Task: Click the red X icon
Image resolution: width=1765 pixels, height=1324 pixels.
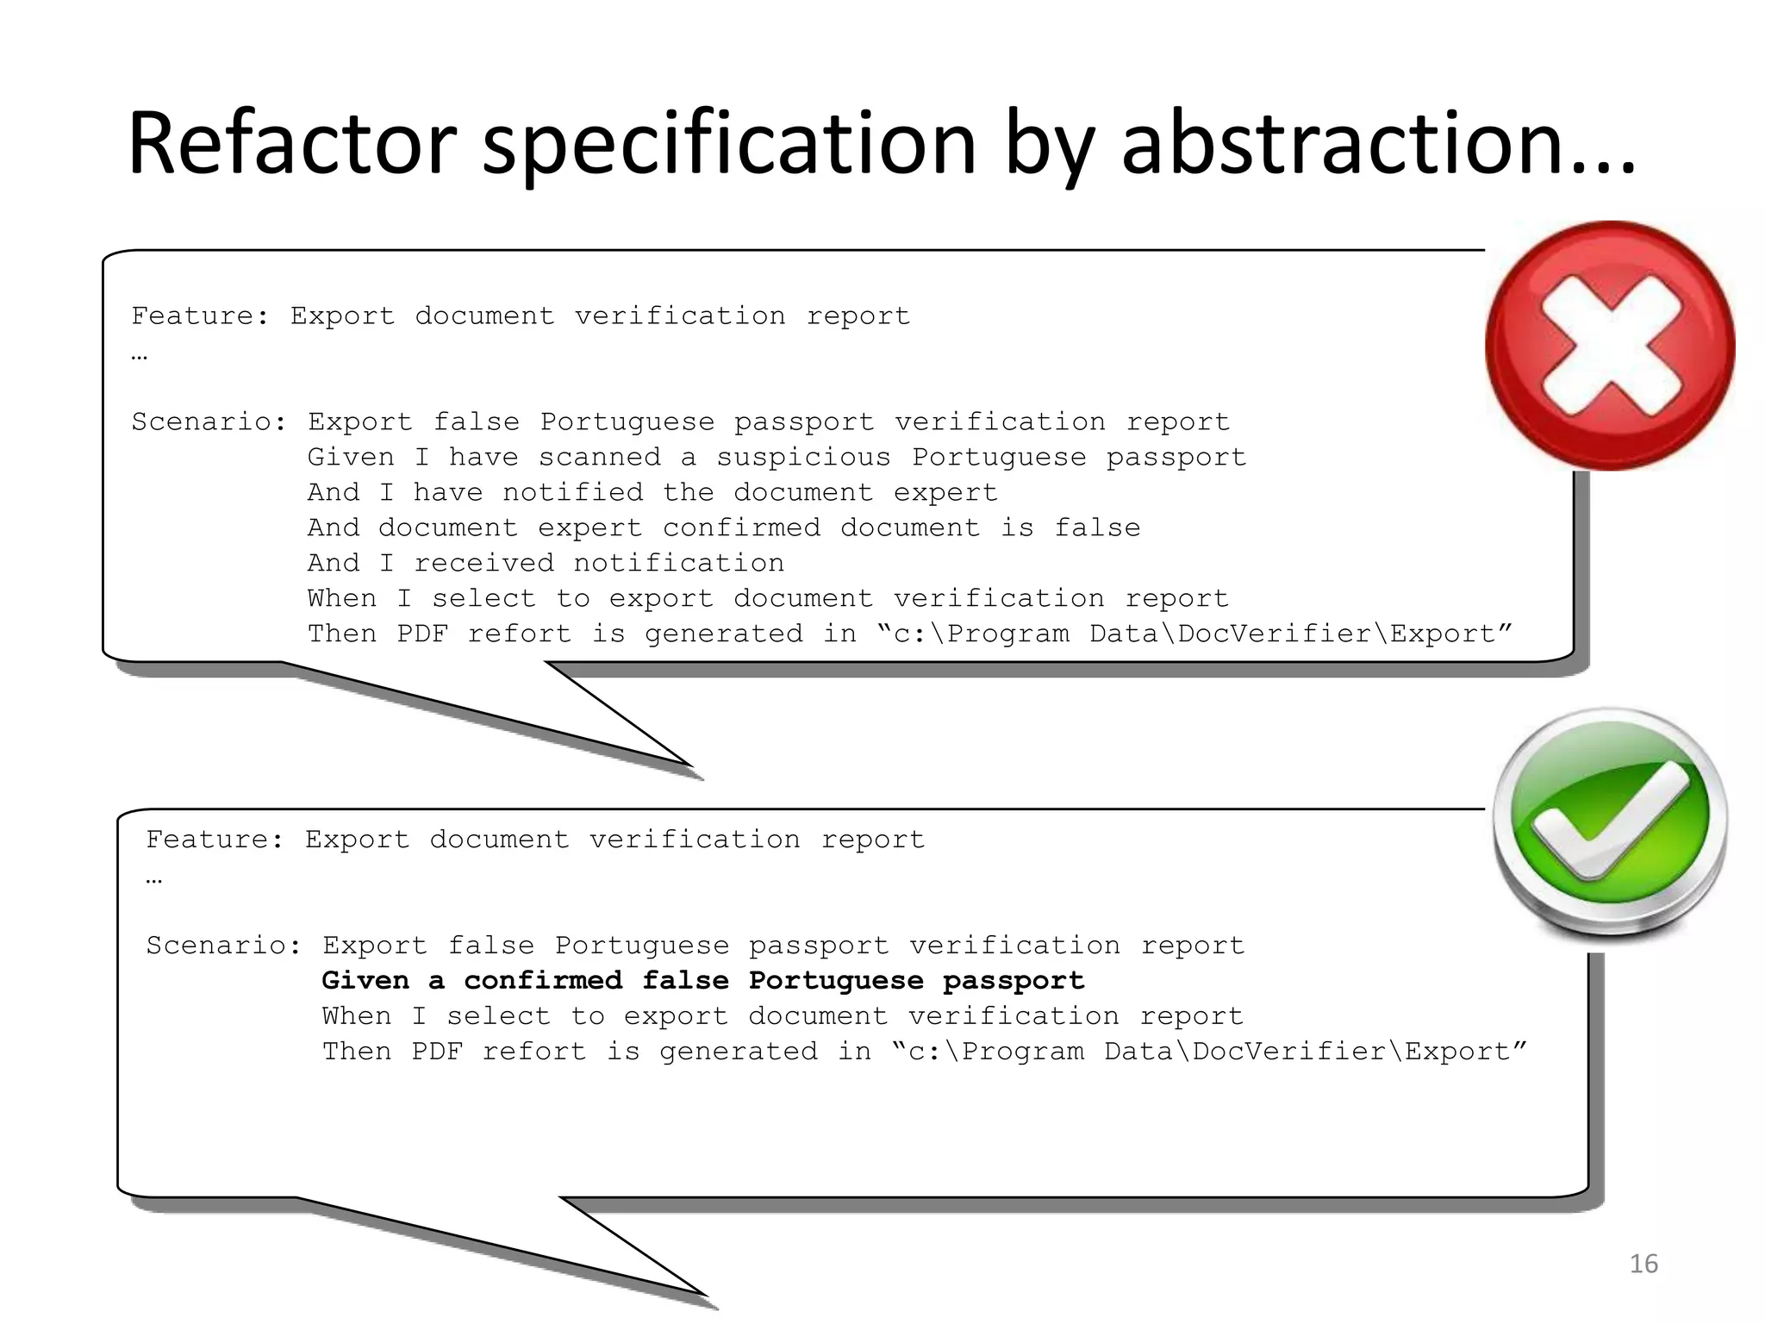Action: [x=1610, y=346]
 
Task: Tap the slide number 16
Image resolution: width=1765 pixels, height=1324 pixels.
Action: [x=1643, y=1264]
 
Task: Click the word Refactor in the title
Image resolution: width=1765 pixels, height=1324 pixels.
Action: [x=291, y=143]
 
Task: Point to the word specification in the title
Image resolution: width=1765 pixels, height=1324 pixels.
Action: [x=729, y=143]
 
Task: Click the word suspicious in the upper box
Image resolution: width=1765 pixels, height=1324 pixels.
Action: [x=803, y=457]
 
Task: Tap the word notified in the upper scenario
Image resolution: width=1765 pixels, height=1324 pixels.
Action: [x=572, y=492]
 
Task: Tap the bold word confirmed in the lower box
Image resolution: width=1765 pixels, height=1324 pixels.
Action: [x=543, y=981]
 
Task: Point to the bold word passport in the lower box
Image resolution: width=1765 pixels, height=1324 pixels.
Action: [x=1013, y=981]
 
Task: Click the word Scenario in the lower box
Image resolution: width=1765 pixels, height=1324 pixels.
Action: [x=222, y=946]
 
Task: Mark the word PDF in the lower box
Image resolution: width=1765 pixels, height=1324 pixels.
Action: [x=437, y=1052]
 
